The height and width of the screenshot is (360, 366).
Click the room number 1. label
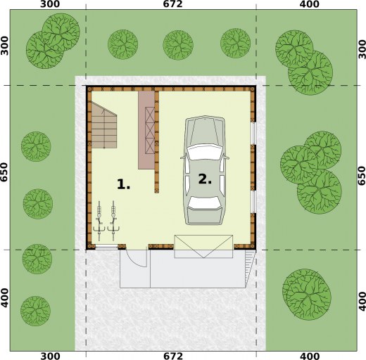123,184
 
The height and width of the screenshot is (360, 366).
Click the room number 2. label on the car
205,179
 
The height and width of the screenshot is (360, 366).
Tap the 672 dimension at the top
173,4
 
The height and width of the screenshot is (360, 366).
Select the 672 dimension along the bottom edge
173,356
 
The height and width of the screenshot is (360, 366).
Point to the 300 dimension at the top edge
50,4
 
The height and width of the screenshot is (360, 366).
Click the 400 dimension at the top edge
310,4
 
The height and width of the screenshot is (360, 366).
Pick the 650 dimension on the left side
4,172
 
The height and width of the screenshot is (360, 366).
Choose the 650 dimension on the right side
362,176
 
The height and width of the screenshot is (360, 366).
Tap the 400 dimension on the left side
4,298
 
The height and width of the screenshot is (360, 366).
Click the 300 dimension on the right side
362,49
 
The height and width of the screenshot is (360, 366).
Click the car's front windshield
205,153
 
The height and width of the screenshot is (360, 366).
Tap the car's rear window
205,202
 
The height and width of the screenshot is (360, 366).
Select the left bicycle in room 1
99,221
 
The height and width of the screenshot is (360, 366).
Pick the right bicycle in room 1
113,221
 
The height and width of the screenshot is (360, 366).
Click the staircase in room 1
104,125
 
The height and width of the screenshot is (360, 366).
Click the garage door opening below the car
203,247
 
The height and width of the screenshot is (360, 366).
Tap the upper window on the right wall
253,134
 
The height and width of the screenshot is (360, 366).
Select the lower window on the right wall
253,202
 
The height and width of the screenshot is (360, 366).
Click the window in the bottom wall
106,247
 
